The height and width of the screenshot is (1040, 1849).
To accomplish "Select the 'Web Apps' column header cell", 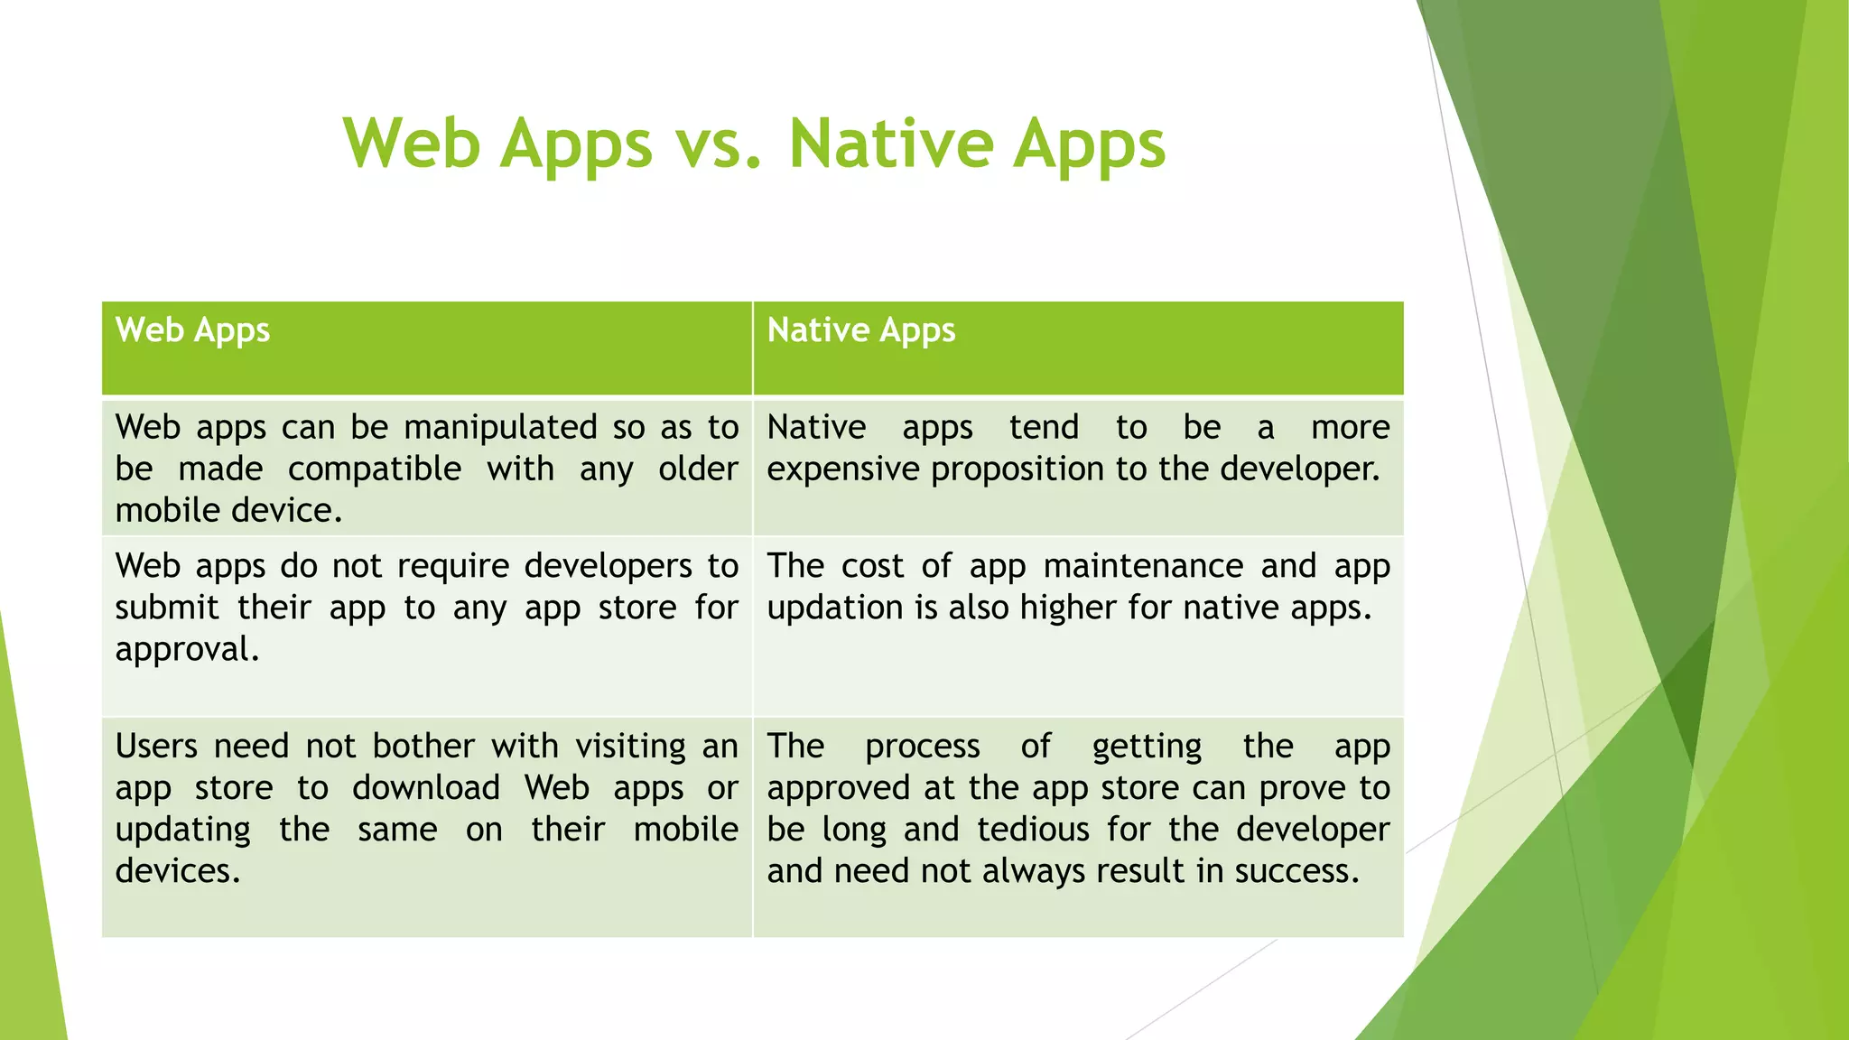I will (426, 348).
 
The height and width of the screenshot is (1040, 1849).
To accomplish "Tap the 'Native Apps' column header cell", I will (1078, 348).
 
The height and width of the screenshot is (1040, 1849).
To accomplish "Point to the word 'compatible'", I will (375, 469).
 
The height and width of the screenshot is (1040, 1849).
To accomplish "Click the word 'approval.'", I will (188, 650).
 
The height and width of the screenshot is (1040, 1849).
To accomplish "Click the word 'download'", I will (426, 788).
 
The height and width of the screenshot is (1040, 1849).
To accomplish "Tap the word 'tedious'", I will (1033, 830).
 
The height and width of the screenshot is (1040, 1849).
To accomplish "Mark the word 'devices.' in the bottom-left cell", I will (178, 871).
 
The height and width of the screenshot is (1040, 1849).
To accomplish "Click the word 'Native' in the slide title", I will (890, 144).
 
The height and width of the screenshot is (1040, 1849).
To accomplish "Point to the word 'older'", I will (698, 469).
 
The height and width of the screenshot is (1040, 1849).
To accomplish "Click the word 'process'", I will (922, 747).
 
